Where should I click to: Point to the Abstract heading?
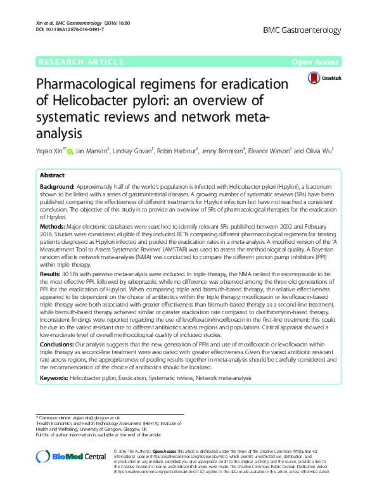pyautogui.click(x=52, y=175)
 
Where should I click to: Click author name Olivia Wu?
pyautogui.click(x=316, y=151)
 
